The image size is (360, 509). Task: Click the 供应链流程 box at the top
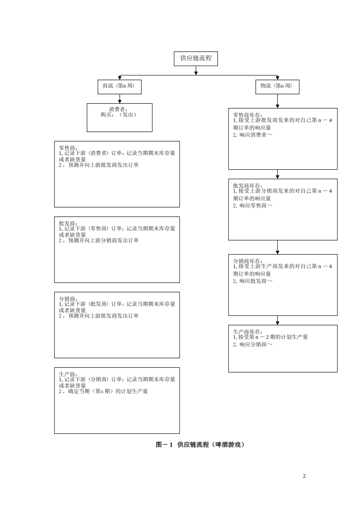[x=196, y=59]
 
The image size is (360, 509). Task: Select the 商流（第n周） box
[x=119, y=87]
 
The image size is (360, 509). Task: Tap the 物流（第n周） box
[x=277, y=87]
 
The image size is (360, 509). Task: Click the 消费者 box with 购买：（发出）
[x=119, y=117]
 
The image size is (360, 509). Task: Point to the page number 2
[x=304, y=476]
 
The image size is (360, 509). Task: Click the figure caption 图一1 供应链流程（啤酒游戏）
[x=200, y=445]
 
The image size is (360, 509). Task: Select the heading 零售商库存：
[x=247, y=115]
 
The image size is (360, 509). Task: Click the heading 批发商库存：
[x=247, y=186]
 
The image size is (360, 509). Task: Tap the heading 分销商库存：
[x=247, y=261]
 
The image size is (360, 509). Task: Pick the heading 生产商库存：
[x=247, y=331]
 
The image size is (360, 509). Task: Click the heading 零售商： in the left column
[x=68, y=148]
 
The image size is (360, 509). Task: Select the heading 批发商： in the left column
[x=68, y=223]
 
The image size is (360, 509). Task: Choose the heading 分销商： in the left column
[x=68, y=298]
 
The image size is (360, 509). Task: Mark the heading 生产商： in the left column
[x=68, y=374]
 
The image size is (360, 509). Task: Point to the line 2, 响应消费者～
[x=253, y=135]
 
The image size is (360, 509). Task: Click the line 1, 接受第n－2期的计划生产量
[x=271, y=337]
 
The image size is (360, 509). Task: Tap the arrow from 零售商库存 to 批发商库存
[x=277, y=174]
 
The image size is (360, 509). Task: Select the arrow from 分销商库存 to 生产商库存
[x=277, y=320]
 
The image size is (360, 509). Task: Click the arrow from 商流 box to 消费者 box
[x=120, y=99]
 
